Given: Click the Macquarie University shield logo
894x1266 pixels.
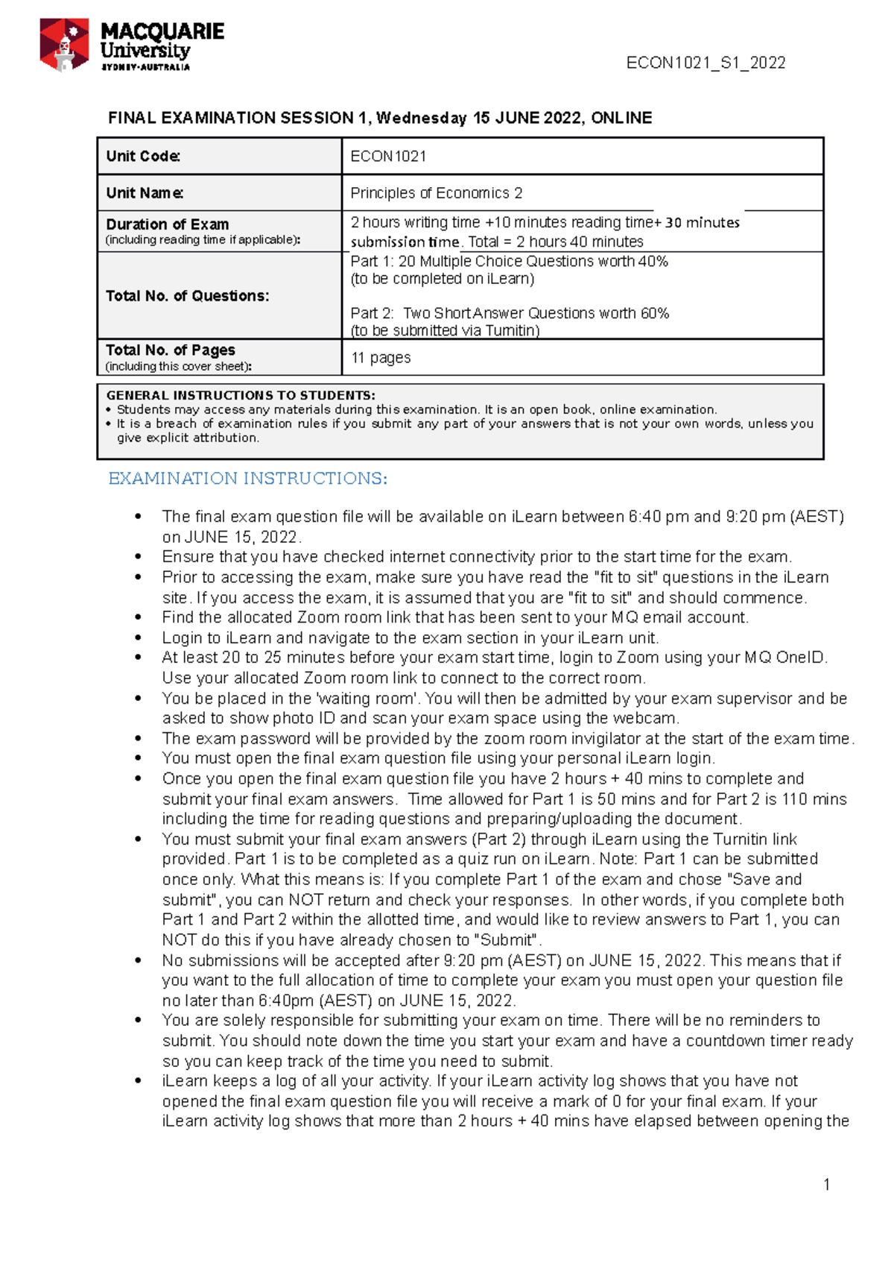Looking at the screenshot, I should pos(64,45).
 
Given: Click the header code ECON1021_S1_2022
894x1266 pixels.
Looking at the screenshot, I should pos(706,63).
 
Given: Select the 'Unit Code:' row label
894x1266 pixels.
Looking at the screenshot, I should pos(143,156).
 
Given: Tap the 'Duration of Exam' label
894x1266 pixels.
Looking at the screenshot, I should pos(168,224).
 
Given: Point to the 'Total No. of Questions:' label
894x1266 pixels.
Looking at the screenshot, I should pos(187,295).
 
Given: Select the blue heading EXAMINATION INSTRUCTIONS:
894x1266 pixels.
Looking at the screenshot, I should pos(247,479).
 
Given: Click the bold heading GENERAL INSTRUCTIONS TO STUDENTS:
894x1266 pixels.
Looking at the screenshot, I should pos(241,395).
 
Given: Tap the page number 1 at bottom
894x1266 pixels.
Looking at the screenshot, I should pos(826,1185).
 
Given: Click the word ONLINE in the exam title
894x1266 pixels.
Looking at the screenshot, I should pos(621,118).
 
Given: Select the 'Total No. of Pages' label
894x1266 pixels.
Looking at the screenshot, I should pos(171,350).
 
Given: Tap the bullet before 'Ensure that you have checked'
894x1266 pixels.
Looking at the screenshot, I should pos(138,557).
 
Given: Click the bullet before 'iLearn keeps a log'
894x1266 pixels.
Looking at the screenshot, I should pos(138,1081).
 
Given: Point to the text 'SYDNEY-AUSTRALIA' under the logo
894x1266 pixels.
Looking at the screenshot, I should pos(145,67).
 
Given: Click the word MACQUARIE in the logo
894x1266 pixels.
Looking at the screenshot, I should pos(162,31).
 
